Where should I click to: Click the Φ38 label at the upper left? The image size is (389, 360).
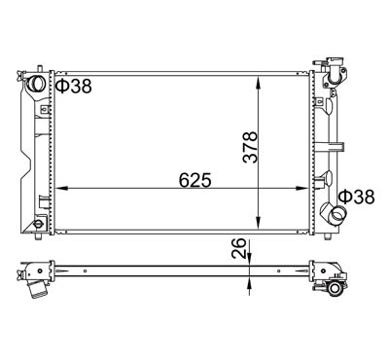pos(73,86)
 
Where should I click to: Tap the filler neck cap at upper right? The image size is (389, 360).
pos(336,69)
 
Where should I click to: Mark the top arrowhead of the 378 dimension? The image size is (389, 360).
pos(258,78)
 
